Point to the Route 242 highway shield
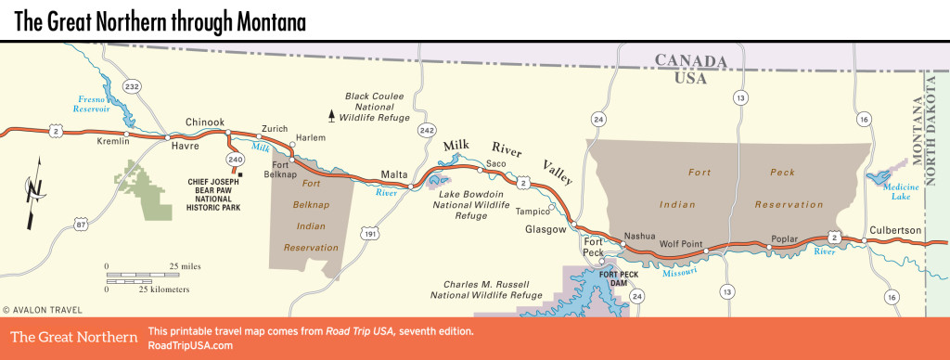click(x=427, y=131)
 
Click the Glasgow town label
click(x=546, y=230)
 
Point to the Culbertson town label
click(x=896, y=229)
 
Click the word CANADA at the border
click(x=690, y=60)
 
